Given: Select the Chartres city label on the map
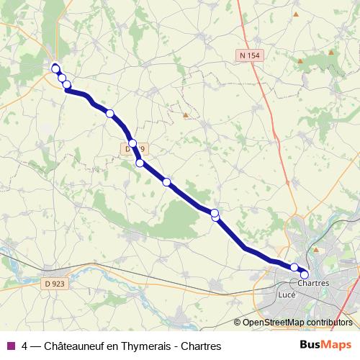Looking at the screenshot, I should click(x=312, y=283).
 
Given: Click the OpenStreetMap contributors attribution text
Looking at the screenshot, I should click(x=297, y=323).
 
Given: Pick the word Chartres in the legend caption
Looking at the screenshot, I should click(x=200, y=346).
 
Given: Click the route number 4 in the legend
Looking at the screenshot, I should click(x=25, y=346).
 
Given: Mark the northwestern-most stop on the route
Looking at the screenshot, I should click(x=55, y=68).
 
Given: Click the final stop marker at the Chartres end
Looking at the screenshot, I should click(x=304, y=274).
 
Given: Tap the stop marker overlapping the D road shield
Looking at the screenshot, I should click(x=132, y=143).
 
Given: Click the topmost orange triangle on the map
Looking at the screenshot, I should click(x=295, y=14).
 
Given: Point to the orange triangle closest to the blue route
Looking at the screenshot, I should click(x=186, y=114).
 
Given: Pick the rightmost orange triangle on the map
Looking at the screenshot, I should click(x=331, y=52).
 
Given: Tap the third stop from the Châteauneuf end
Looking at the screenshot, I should click(x=67, y=85).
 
